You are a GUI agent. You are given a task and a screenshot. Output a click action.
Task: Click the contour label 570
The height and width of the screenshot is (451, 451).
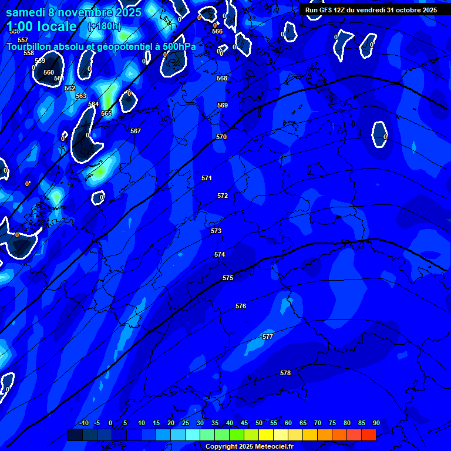point(221,137)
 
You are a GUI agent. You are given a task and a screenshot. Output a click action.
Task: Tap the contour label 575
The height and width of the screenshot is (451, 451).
point(228,278)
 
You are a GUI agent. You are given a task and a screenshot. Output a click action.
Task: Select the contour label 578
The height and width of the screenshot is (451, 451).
point(285,373)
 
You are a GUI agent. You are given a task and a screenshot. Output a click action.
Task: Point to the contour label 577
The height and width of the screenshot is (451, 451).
point(268,336)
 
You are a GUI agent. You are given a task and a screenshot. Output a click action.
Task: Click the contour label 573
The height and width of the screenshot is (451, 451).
point(216,231)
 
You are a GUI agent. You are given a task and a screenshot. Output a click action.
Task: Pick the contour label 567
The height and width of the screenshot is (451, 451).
point(136,131)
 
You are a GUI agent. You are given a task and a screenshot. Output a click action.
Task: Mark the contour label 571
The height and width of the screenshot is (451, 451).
point(207,178)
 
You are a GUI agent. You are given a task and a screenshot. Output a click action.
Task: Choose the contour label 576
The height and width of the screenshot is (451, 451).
point(241,306)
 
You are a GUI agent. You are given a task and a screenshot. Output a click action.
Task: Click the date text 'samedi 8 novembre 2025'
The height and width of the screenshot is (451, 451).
point(73,12)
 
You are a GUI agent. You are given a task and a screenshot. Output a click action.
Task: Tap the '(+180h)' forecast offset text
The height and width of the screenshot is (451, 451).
point(104,26)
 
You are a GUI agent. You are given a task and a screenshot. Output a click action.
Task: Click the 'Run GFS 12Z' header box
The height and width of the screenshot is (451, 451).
point(371,10)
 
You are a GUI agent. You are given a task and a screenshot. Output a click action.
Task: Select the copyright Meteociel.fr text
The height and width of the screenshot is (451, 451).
point(249,447)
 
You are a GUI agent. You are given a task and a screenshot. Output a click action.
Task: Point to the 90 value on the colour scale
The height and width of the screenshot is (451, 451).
point(376,423)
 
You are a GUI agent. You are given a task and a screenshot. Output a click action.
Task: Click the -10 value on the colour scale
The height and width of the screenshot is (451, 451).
point(84,423)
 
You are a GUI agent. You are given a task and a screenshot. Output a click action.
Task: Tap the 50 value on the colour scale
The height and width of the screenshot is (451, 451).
point(259,423)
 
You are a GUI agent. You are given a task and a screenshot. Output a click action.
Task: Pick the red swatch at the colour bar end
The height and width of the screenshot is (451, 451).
point(368,435)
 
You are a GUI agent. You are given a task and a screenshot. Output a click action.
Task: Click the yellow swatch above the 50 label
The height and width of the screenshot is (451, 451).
point(265,435)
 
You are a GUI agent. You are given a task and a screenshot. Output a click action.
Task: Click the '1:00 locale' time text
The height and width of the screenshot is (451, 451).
point(42,26)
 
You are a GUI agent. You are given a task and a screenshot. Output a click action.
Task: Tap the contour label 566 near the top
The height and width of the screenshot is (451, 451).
point(217,31)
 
